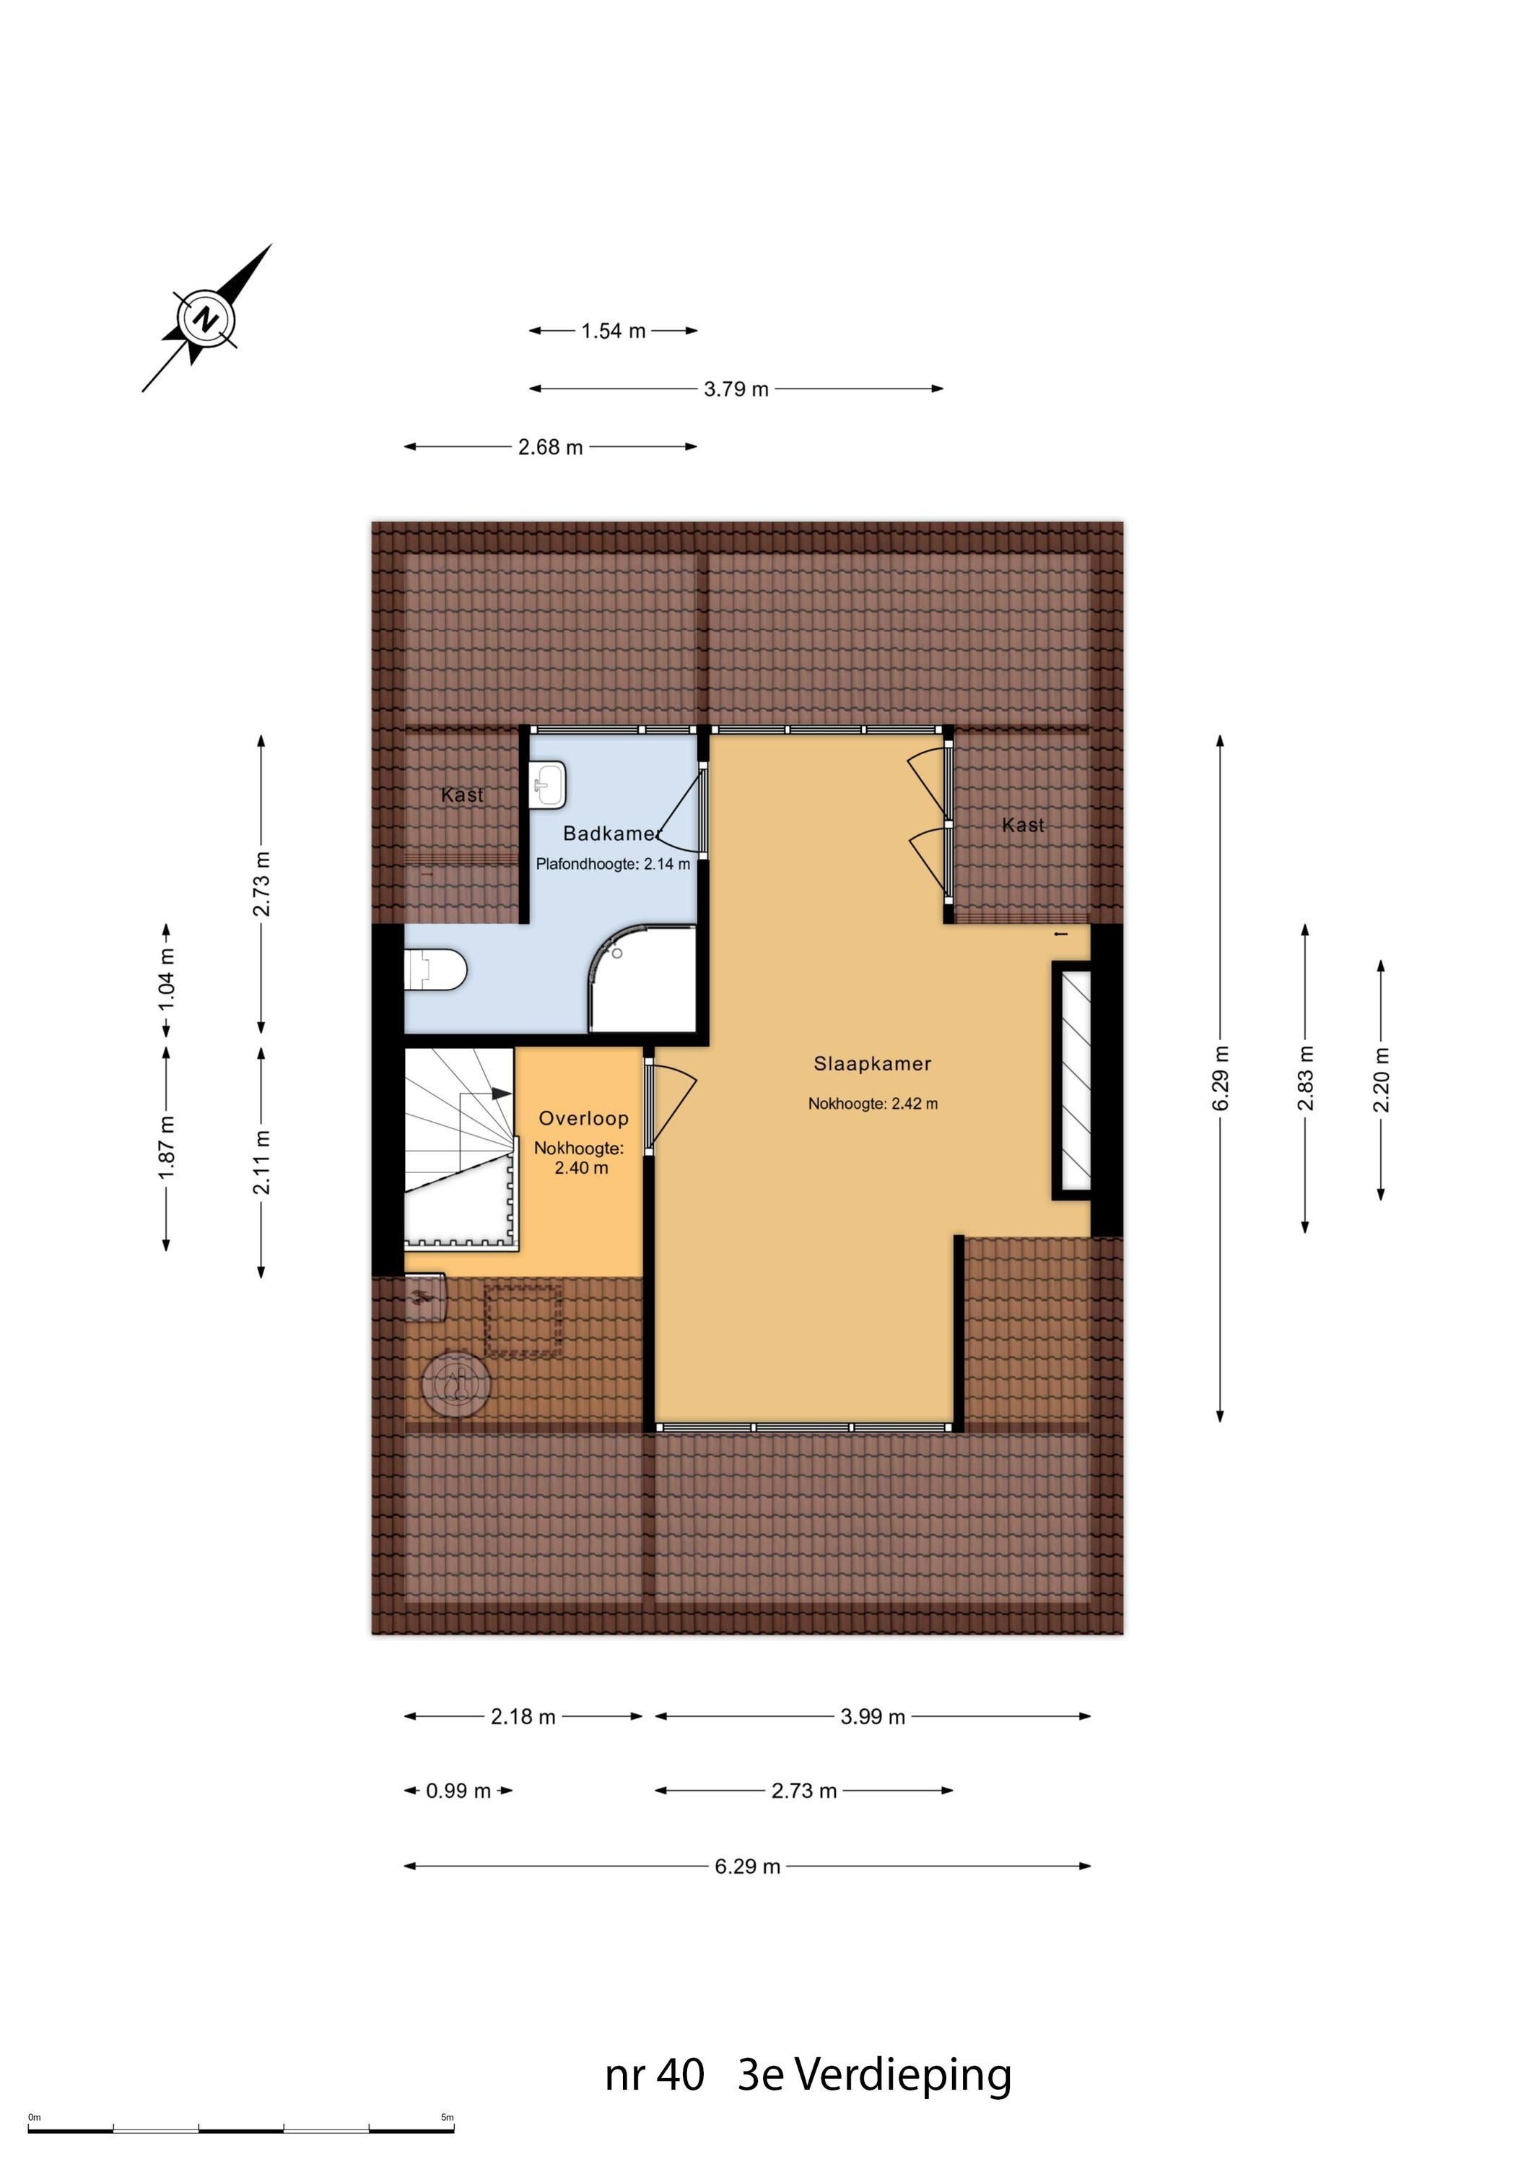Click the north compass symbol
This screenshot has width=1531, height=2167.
206,317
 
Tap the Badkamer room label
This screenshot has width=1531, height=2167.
611,834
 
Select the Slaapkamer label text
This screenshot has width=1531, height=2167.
873,1064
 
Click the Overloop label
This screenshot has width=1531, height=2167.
583,1118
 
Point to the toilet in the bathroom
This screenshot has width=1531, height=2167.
436,970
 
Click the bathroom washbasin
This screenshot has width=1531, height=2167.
548,785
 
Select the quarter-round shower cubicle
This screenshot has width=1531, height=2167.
642,979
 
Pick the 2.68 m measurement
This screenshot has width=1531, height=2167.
550,447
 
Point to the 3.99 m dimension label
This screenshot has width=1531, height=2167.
873,1717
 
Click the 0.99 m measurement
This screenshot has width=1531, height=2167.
458,1791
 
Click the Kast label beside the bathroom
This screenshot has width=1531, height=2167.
462,795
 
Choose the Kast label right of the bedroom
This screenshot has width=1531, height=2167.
1023,825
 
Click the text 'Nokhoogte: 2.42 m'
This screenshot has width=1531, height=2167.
873,1103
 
